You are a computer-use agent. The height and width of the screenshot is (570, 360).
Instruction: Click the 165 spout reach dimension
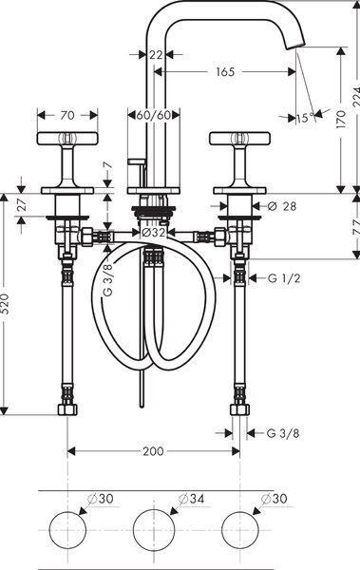pyautogui.click(x=225, y=72)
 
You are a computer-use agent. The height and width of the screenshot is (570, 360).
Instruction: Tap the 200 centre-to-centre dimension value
pyautogui.click(x=153, y=451)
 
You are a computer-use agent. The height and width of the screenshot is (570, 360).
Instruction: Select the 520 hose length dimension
pyautogui.click(x=5, y=305)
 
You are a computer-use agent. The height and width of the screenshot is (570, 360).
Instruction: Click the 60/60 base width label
pyautogui.click(x=154, y=115)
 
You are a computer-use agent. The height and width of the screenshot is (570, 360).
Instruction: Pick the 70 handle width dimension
pyautogui.click(x=67, y=116)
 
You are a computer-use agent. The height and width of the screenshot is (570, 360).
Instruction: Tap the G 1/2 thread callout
pyautogui.click(x=284, y=278)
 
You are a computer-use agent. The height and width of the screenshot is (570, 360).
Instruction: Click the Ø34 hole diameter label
pyautogui.click(x=191, y=499)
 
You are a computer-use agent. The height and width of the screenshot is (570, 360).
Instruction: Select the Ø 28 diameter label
pyautogui.click(x=282, y=206)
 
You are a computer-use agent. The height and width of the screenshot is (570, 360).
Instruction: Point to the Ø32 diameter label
pyautogui.click(x=153, y=233)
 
